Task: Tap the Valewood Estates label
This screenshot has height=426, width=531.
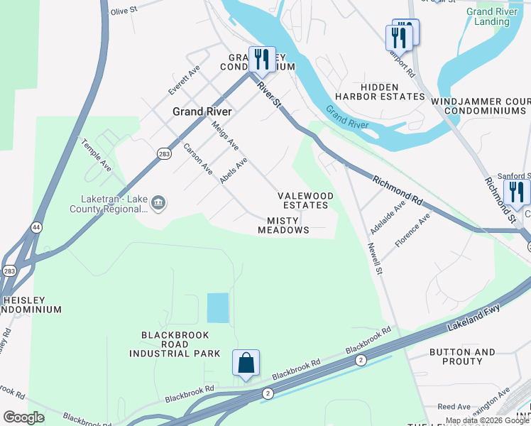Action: click(305, 200)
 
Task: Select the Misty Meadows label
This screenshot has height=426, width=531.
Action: click(284, 226)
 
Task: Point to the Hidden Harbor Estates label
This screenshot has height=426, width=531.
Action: click(380, 91)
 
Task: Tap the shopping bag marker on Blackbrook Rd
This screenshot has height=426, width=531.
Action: click(246, 364)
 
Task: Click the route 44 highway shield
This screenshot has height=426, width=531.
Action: click(35, 227)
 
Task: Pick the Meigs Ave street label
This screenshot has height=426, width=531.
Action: click(226, 135)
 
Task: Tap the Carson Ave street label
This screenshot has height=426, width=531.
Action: click(198, 160)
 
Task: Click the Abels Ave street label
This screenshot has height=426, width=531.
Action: click(234, 170)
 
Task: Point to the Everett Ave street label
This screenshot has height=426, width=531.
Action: click(184, 80)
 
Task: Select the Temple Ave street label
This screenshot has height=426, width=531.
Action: click(97, 155)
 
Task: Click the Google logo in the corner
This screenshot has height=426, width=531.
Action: click(23, 417)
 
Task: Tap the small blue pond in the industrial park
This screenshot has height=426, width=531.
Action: click(218, 308)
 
